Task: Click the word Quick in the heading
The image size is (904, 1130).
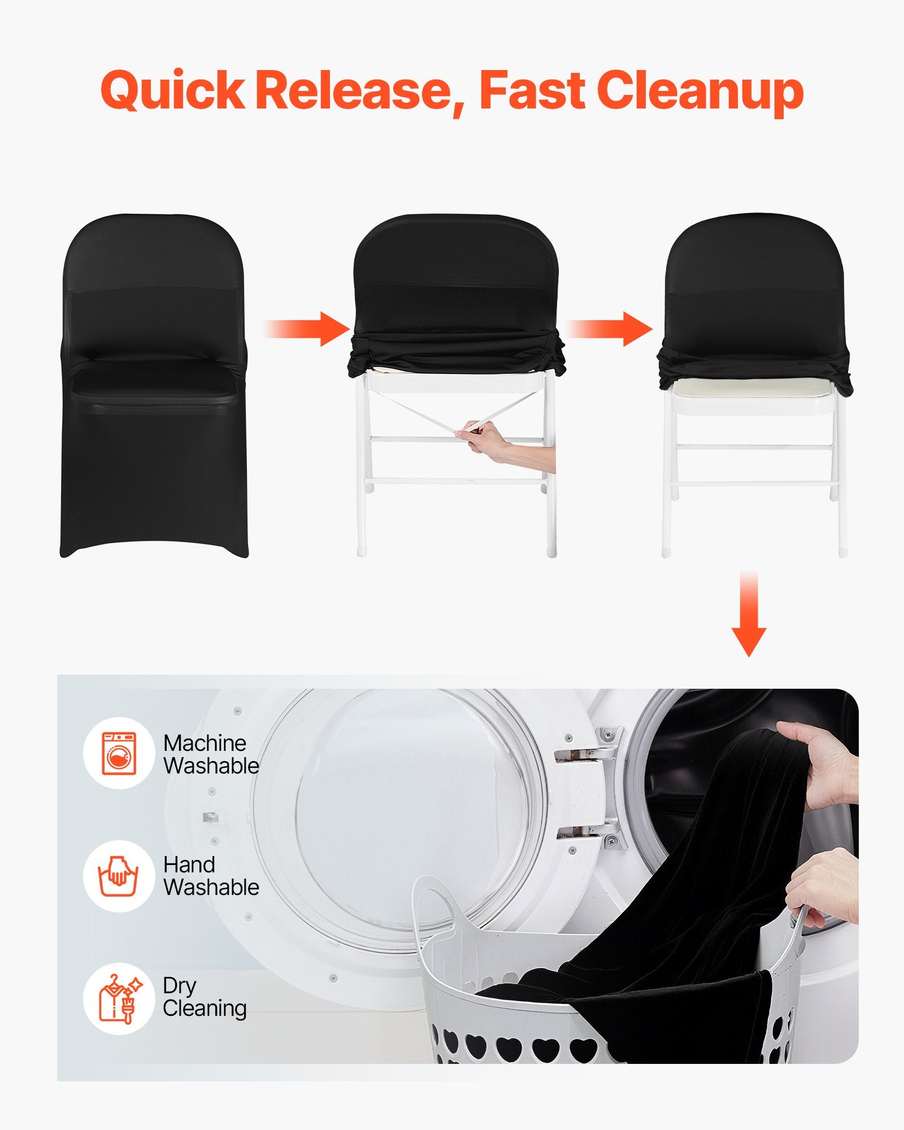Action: pos(172,90)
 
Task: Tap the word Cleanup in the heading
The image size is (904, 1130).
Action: pos(700,90)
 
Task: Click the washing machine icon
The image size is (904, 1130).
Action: pos(119,753)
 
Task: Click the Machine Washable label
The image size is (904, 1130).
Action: pos(211,754)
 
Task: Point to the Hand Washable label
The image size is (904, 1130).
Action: pos(211,876)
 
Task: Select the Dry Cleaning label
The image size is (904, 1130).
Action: pos(205,998)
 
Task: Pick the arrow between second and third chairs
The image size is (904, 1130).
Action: pos(610,328)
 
